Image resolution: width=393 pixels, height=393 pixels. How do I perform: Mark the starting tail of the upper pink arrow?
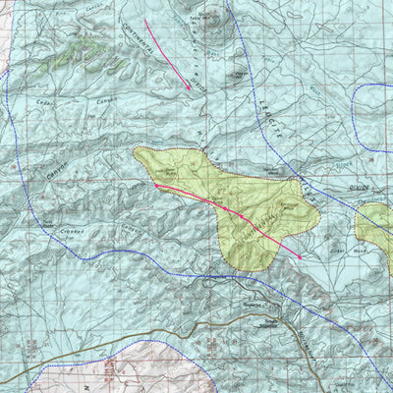coord(144,19)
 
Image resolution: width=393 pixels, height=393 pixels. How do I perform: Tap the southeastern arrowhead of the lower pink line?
coord(301,256)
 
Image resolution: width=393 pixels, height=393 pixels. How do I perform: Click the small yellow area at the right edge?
coord(375,224)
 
